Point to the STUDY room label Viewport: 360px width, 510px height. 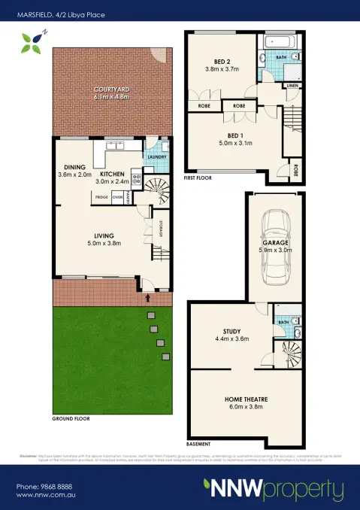coord(231,330)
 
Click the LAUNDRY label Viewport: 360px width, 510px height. coord(156,156)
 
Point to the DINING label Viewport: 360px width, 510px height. coord(73,167)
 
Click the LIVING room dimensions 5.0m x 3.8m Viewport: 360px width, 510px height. coord(103,243)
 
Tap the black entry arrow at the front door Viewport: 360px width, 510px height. coord(147,298)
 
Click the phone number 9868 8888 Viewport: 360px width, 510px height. coord(46,487)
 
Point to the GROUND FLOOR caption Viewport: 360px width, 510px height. coord(71,417)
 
